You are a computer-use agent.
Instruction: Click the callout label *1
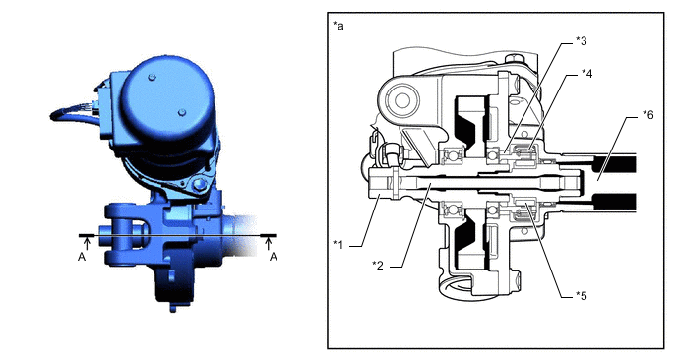tap(338, 245)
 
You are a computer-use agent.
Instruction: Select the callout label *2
tap(378, 265)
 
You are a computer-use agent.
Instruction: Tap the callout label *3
tap(582, 41)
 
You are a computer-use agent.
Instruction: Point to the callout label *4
tap(586, 74)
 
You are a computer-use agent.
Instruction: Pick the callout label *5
tap(582, 296)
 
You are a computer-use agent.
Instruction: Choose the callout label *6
tap(648, 115)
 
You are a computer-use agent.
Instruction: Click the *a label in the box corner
tap(338, 26)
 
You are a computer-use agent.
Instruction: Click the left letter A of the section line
tap(82, 257)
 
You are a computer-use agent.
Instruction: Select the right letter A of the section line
tap(273, 257)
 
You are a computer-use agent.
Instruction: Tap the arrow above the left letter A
tap(87, 243)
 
